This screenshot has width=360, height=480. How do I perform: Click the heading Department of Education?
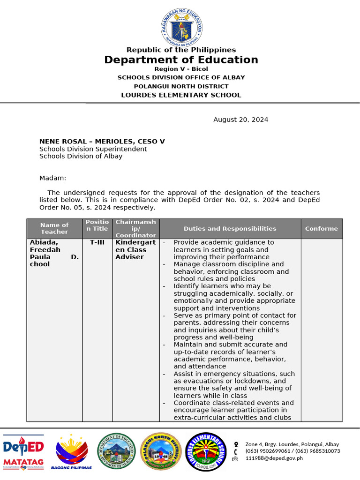point(181,60)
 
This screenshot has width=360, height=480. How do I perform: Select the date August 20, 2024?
point(240,120)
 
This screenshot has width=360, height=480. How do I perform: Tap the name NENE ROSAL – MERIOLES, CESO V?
point(102,141)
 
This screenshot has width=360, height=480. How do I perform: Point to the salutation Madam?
point(53,178)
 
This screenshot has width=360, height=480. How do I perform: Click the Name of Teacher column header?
point(54,228)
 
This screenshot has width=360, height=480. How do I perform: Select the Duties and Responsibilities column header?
point(230,229)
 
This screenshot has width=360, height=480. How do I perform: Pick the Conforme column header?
point(321,229)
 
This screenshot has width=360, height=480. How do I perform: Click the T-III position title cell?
point(97,243)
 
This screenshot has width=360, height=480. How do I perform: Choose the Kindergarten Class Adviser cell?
point(135,250)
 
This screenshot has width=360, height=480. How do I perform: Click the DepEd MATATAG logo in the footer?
point(23,452)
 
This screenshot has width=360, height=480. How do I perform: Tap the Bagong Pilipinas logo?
point(71,452)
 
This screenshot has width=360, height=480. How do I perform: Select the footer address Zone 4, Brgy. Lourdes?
point(292,444)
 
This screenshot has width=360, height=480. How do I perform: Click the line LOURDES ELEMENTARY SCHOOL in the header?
point(181,95)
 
